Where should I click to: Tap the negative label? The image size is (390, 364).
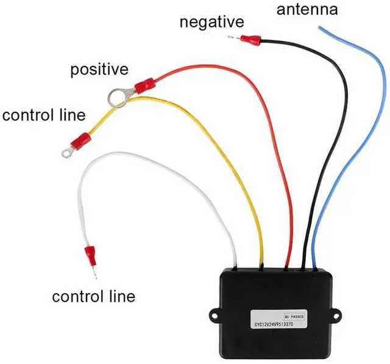[x=211, y=23]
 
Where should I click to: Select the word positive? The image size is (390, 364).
[x=99, y=69]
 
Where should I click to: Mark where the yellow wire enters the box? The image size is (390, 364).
[x=261, y=266]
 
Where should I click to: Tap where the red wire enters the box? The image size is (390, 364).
[x=288, y=266]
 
